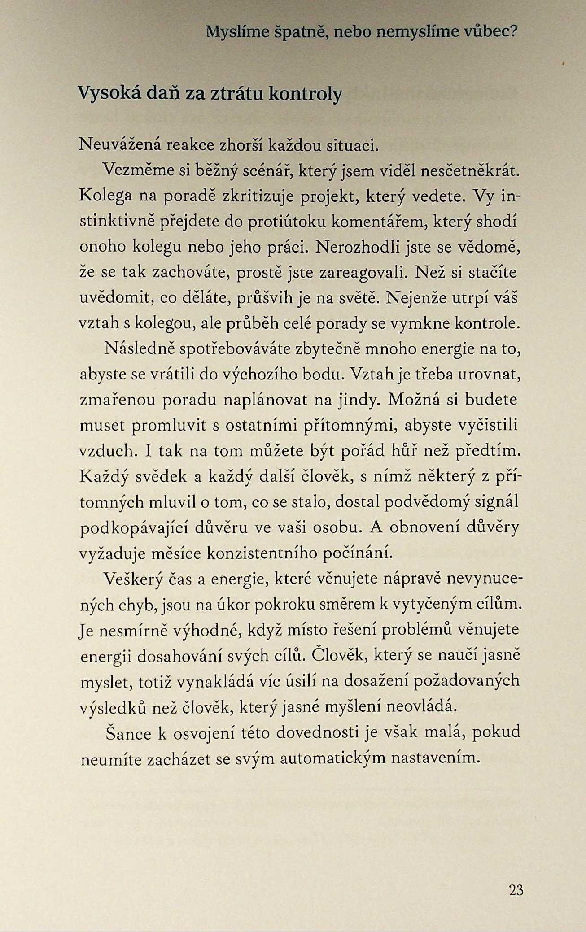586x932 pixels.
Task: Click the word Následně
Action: pyautogui.click(x=139, y=348)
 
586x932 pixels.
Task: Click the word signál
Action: pyautogui.click(x=499, y=501)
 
